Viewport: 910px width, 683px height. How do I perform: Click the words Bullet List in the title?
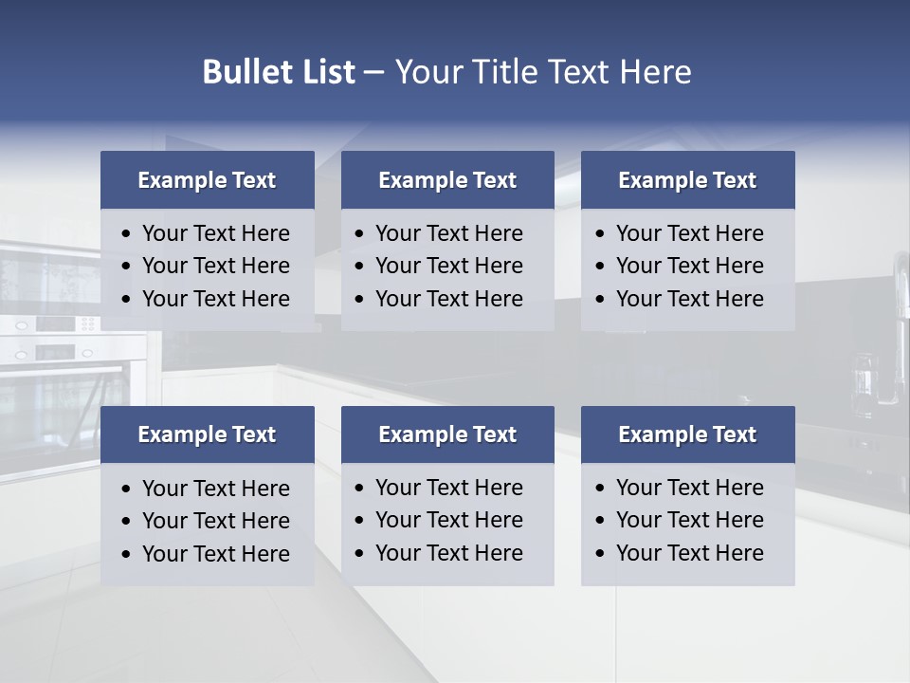(279, 72)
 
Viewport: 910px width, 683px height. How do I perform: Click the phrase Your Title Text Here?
(542, 72)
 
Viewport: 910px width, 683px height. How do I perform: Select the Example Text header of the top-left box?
(207, 180)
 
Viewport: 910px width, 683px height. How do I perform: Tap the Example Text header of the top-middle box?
(447, 180)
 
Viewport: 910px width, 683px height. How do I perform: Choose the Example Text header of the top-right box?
(687, 180)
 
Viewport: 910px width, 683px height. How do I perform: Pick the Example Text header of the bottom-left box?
(207, 434)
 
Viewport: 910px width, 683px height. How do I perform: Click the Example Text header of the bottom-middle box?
(447, 434)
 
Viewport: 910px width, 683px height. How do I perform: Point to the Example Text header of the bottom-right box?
(687, 434)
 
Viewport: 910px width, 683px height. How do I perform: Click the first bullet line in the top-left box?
(215, 233)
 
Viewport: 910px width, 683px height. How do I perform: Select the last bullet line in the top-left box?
(215, 299)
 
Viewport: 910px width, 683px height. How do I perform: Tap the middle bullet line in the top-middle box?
(448, 266)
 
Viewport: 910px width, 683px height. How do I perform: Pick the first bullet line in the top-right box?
(689, 233)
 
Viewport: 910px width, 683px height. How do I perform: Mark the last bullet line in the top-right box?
(689, 299)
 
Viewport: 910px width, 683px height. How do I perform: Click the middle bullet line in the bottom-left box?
(215, 521)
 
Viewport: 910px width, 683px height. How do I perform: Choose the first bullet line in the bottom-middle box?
(448, 488)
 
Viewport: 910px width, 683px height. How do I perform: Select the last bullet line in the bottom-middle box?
(448, 553)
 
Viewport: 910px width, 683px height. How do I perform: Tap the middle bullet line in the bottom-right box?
(689, 520)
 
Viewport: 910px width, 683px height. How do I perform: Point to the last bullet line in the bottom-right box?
(689, 553)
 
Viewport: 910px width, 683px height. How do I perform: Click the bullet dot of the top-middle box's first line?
(359, 234)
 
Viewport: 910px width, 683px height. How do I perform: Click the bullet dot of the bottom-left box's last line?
(126, 555)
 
